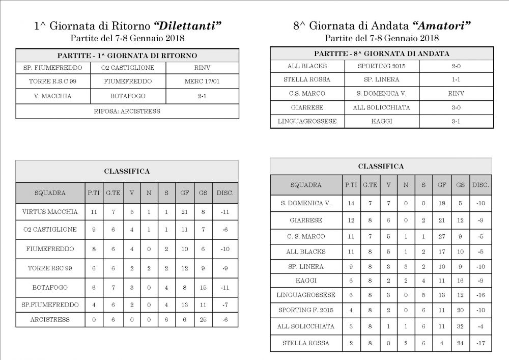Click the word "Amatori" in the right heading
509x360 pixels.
pos(441,26)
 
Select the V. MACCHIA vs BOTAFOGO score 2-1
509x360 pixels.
pos(202,96)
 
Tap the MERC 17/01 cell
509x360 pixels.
pos(202,81)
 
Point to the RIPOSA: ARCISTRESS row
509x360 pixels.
pos(127,111)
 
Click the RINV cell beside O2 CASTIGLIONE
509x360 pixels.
pos(202,68)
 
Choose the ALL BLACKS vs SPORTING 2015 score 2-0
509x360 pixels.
pos(456,66)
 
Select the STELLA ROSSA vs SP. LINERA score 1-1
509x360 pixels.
pos(456,79)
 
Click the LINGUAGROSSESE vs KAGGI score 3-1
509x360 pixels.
pos(456,121)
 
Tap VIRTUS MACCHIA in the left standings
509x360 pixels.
pos(50,211)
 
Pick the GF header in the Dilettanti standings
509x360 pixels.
pos(184,193)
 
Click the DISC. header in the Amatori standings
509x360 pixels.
pos(480,185)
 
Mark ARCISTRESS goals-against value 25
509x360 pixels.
pos(203,319)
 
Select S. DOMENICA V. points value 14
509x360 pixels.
pos(351,203)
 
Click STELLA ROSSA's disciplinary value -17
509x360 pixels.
pos(480,343)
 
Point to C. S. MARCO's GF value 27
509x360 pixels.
pos(441,237)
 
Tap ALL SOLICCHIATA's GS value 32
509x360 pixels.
pos(461,326)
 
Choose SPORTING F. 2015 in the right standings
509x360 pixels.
pos(306,310)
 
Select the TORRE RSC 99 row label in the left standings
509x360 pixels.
pos(50,268)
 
